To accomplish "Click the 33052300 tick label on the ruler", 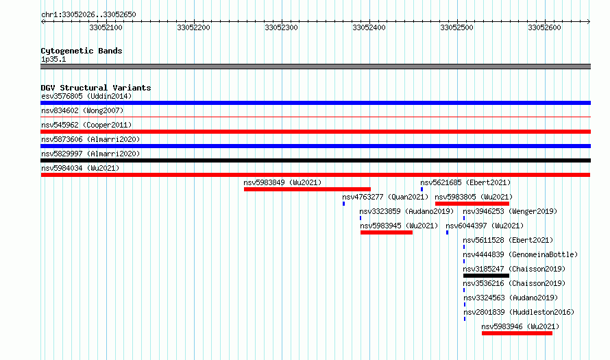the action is pyautogui.click(x=281, y=27).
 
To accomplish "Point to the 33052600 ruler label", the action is pyautogui.click(x=544, y=27).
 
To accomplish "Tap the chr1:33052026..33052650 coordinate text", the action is pyautogui.click(x=88, y=14).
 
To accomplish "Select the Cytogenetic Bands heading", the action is pyautogui.click(x=82, y=51).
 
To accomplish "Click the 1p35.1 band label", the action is pyautogui.click(x=53, y=59).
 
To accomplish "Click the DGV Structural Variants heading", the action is pyautogui.click(x=96, y=88).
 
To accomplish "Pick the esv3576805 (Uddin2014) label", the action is pyautogui.click(x=86, y=96).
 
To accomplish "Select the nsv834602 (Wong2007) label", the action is pyautogui.click(x=82, y=110).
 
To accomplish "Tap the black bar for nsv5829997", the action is pyautogui.click(x=315, y=160).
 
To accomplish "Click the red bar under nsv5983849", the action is pyautogui.click(x=307, y=189).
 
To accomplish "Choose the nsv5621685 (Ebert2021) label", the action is pyautogui.click(x=465, y=182).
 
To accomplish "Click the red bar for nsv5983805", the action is pyautogui.click(x=472, y=204).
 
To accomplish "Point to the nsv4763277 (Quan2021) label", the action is pyautogui.click(x=385, y=197).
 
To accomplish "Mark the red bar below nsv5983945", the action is pyautogui.click(x=387, y=232).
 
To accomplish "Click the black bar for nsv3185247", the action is pyautogui.click(x=486, y=276).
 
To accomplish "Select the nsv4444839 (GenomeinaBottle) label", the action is pyautogui.click(x=520, y=254).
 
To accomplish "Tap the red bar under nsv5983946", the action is pyautogui.click(x=517, y=333).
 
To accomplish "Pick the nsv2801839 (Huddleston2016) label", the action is pyautogui.click(x=519, y=312).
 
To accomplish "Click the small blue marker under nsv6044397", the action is pyautogui.click(x=447, y=232).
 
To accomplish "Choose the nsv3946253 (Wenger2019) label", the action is pyautogui.click(x=510, y=211).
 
